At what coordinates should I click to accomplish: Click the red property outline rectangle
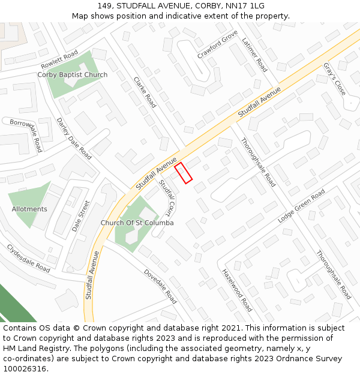point(183,173)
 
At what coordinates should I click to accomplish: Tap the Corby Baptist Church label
point(73,75)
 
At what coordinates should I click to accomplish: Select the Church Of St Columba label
point(137,223)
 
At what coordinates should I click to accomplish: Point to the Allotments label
point(29,209)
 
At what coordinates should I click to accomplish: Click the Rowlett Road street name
point(59,59)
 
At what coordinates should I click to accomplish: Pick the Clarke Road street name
point(145,92)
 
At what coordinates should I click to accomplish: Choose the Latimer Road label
point(254,55)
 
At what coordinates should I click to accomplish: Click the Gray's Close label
point(335,79)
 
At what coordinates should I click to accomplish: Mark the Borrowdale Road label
point(26,134)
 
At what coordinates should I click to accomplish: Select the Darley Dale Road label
point(74,138)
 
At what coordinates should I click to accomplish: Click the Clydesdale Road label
point(28,258)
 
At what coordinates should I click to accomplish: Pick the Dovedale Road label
point(160,286)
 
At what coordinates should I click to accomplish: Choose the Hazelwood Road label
point(237,290)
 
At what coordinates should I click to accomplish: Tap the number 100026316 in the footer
point(25,369)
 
